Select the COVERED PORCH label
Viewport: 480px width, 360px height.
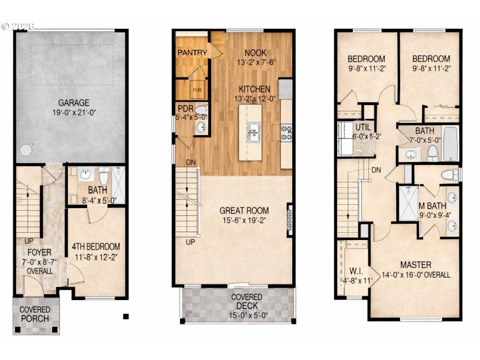(36, 314)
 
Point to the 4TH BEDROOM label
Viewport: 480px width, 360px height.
(96, 246)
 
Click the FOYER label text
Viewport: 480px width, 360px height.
(39, 252)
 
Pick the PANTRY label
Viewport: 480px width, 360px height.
(192, 53)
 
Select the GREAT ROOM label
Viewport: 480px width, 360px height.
(244, 211)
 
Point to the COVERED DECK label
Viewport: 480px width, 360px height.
(247, 297)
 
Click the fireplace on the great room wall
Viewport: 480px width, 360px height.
(289, 220)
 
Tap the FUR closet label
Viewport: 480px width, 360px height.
(197, 91)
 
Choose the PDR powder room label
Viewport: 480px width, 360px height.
(184, 108)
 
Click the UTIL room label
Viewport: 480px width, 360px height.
(364, 127)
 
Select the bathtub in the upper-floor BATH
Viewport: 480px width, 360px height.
(450, 144)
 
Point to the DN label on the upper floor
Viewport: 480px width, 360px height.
(376, 170)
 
